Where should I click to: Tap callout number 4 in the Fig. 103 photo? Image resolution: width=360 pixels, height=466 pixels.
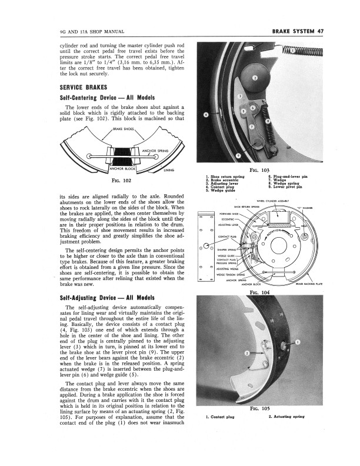coord(205,115)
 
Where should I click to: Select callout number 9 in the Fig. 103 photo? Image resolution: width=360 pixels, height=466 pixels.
coord(238,155)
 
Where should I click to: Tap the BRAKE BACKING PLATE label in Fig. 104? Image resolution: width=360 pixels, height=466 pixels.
coord(325,284)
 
